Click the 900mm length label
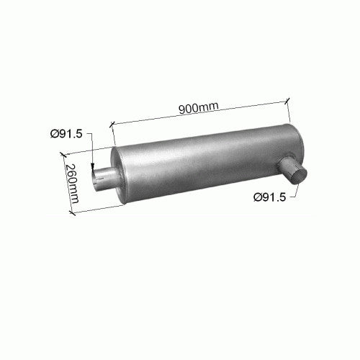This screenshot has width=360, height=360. coord(199,108)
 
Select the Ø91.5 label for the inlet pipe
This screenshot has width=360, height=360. coord(66,133)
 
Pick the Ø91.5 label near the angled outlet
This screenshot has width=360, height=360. coord(270,197)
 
